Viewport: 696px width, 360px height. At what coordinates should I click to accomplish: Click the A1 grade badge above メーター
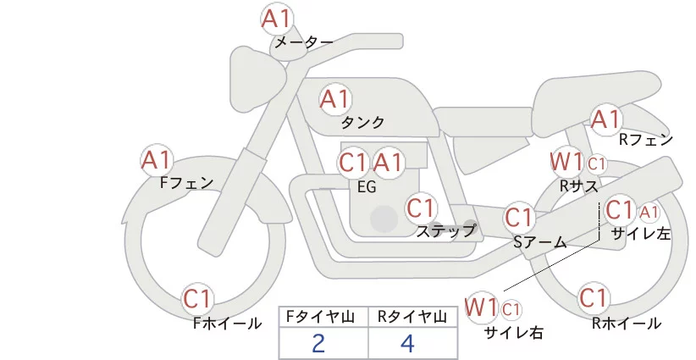(x=278, y=19)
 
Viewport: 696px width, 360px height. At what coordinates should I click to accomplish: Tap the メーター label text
(x=302, y=42)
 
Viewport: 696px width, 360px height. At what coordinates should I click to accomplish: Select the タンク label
(x=362, y=121)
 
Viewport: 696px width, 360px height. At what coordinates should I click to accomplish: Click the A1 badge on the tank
(x=335, y=99)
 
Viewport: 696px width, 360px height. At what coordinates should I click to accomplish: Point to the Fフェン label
(x=186, y=181)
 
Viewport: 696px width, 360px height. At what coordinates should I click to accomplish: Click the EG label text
(x=367, y=187)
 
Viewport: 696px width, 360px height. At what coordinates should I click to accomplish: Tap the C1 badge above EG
(x=353, y=163)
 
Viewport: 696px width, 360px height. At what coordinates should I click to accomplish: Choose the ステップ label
(x=446, y=230)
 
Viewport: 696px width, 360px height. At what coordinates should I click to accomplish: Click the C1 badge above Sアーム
(x=519, y=217)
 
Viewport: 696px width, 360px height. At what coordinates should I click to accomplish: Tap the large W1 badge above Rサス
(x=565, y=161)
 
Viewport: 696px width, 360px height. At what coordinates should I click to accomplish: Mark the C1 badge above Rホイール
(x=594, y=298)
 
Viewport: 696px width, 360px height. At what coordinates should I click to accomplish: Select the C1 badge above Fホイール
(x=199, y=299)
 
